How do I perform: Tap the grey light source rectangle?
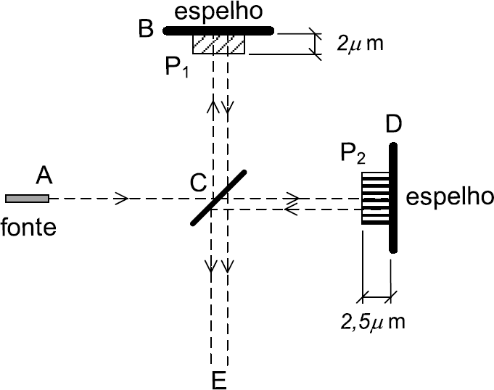[27, 198]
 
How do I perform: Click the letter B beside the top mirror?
[146, 30]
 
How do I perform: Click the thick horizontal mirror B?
[218, 30]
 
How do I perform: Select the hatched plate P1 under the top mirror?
[219, 44]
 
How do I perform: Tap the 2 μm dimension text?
[360, 43]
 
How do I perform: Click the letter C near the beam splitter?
[198, 186]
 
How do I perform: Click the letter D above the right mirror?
[395, 124]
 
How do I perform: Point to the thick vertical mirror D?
[392, 198]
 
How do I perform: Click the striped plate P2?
[375, 196]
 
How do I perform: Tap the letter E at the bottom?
[220, 379]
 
